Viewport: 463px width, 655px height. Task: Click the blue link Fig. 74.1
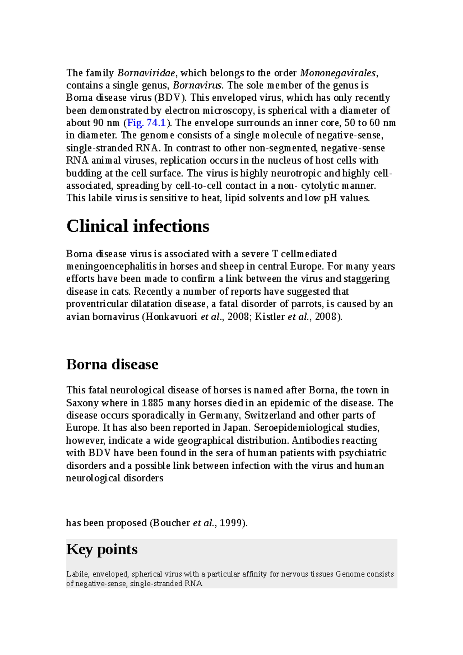(146, 123)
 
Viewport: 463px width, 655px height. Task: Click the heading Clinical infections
(138, 226)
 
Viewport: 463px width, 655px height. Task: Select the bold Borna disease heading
(112, 364)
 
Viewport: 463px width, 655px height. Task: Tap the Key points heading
(102, 549)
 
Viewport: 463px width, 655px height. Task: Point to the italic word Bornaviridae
(146, 73)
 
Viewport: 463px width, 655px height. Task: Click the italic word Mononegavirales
(338, 73)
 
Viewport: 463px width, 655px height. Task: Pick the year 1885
(153, 403)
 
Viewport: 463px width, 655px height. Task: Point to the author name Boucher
(172, 523)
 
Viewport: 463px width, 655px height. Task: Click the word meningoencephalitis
(111, 267)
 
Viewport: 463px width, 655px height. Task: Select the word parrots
(308, 304)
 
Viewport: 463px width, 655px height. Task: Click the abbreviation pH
(331, 198)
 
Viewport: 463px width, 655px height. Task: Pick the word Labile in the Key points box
(77, 574)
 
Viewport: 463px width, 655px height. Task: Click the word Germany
(220, 415)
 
